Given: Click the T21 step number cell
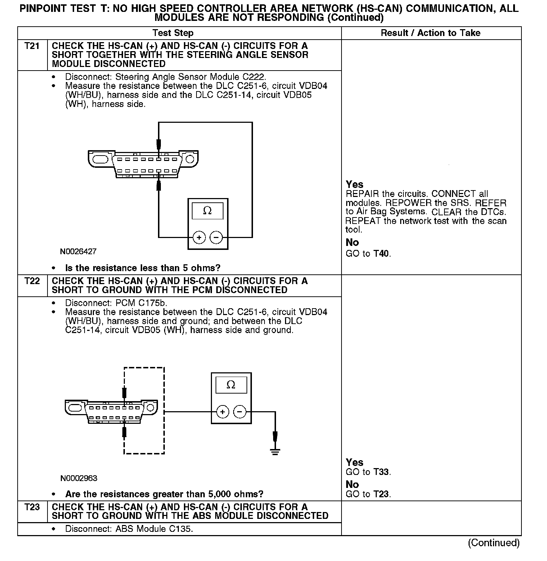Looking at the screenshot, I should pos(32,46).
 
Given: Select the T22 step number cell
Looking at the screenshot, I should pos(32,281).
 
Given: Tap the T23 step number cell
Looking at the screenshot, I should pos(32,507).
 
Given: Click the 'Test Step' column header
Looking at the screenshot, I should pos(173,33).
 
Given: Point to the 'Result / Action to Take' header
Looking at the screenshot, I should pos(430,33).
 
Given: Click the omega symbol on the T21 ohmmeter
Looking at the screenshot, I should pos(208,211).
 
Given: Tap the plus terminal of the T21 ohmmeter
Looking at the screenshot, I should pos(199,237).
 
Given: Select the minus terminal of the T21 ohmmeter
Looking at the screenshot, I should pos(216,237).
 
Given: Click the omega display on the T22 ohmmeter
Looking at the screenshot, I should pos(231,385).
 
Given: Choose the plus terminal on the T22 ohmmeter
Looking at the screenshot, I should pos(223,412).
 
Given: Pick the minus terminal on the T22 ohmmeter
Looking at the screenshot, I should pos(240,412).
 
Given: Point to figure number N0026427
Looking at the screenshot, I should pos(78,251).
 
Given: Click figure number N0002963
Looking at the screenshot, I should pos(78,478).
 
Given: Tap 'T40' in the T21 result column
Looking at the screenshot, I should pos(381,253).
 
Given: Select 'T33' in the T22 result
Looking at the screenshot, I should pos(381,472).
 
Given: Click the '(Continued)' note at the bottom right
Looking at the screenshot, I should pos(493,543).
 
